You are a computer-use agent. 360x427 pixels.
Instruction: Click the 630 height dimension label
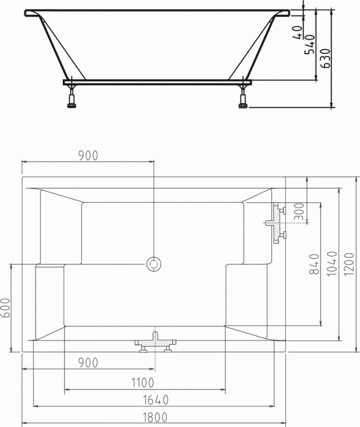326,58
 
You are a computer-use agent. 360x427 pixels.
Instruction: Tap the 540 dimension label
309,44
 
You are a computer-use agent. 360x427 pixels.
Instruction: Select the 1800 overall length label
155,417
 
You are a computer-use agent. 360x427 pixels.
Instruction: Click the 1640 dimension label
156,400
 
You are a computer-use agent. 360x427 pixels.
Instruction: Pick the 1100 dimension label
143,383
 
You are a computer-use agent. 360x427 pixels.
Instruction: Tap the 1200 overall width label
349,264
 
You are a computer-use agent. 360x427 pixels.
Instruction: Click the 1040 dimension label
332,264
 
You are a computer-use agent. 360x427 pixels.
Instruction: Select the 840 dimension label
314,264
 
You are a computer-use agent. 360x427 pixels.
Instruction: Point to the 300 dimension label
300,211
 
